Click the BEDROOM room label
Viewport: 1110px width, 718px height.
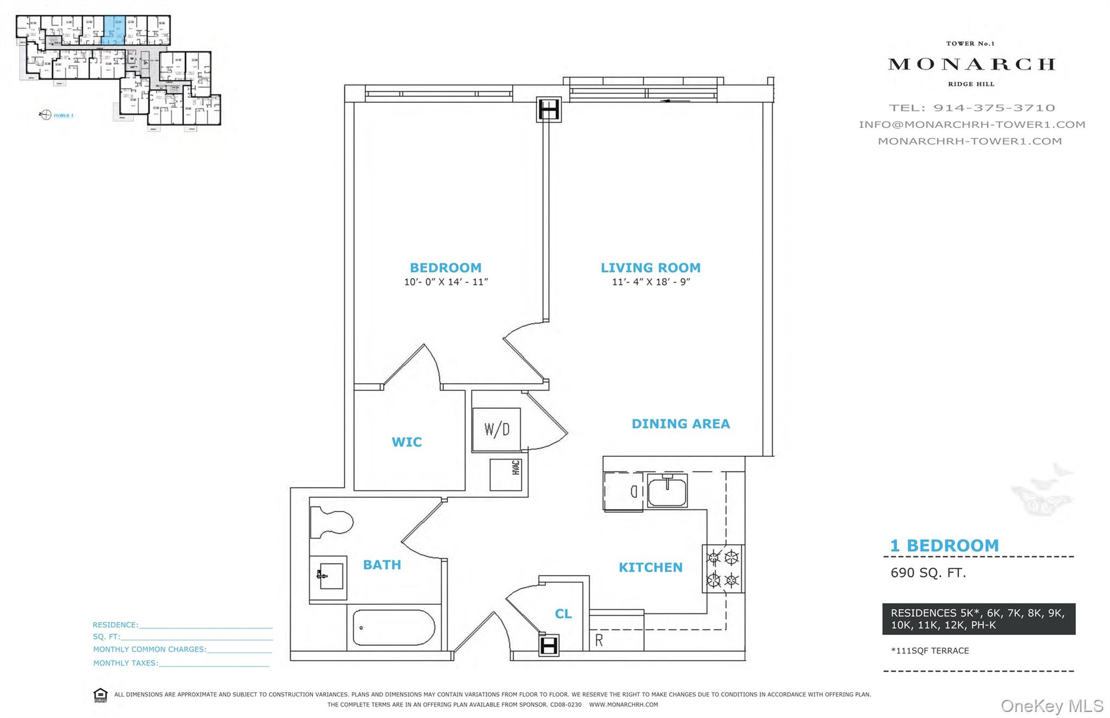point(445,268)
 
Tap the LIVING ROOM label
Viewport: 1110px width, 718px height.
point(650,268)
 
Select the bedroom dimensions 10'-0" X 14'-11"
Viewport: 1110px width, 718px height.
point(446,282)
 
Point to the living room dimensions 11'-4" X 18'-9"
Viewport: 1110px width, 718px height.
point(650,282)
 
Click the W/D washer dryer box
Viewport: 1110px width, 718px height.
point(496,430)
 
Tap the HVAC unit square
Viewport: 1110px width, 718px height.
point(506,475)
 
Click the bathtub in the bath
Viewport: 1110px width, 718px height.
point(393,628)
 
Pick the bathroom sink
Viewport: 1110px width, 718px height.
point(329,576)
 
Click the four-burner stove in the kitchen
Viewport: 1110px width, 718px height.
point(723,568)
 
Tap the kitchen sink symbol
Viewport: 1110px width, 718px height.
point(667,490)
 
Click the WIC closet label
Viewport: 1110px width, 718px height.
point(406,442)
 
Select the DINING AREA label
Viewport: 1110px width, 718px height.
point(680,424)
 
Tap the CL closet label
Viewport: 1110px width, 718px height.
point(563,613)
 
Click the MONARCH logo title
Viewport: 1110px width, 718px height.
point(971,64)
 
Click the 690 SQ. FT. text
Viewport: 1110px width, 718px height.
point(928,573)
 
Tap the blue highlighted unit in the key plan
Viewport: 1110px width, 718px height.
point(114,29)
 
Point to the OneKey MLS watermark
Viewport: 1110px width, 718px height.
point(1051,706)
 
